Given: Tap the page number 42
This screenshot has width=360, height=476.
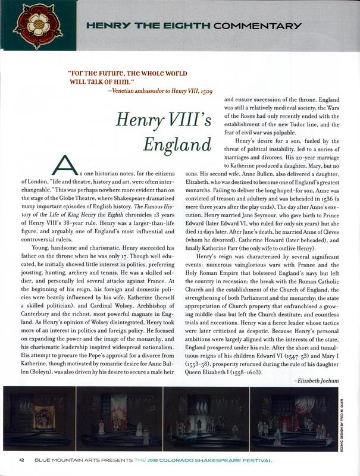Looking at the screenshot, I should (21, 460).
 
